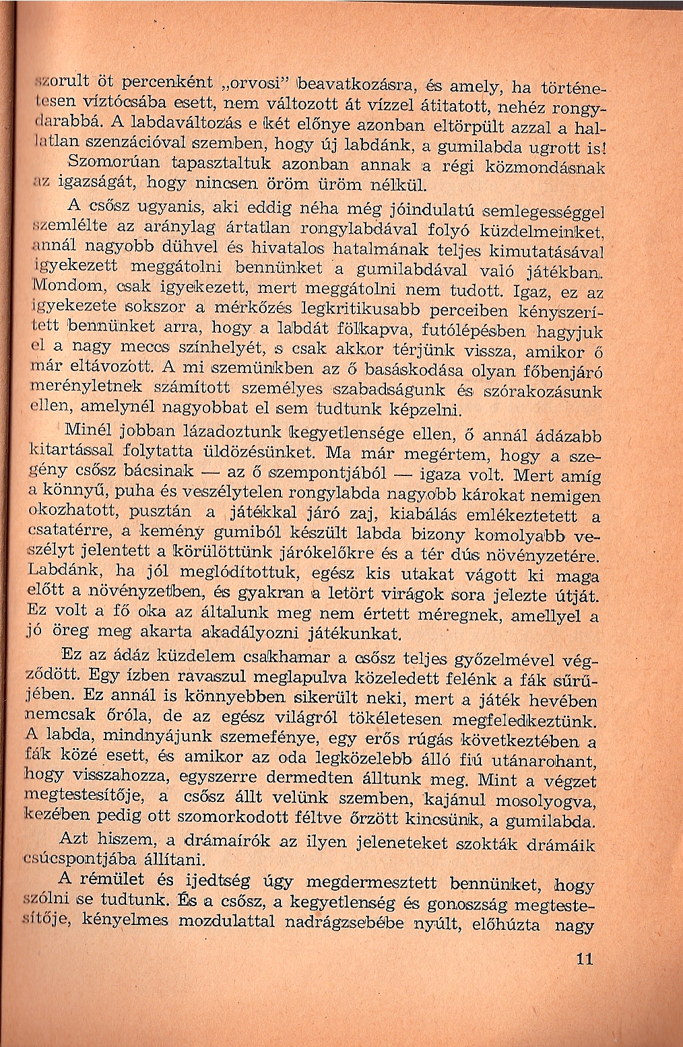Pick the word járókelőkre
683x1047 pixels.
376,555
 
